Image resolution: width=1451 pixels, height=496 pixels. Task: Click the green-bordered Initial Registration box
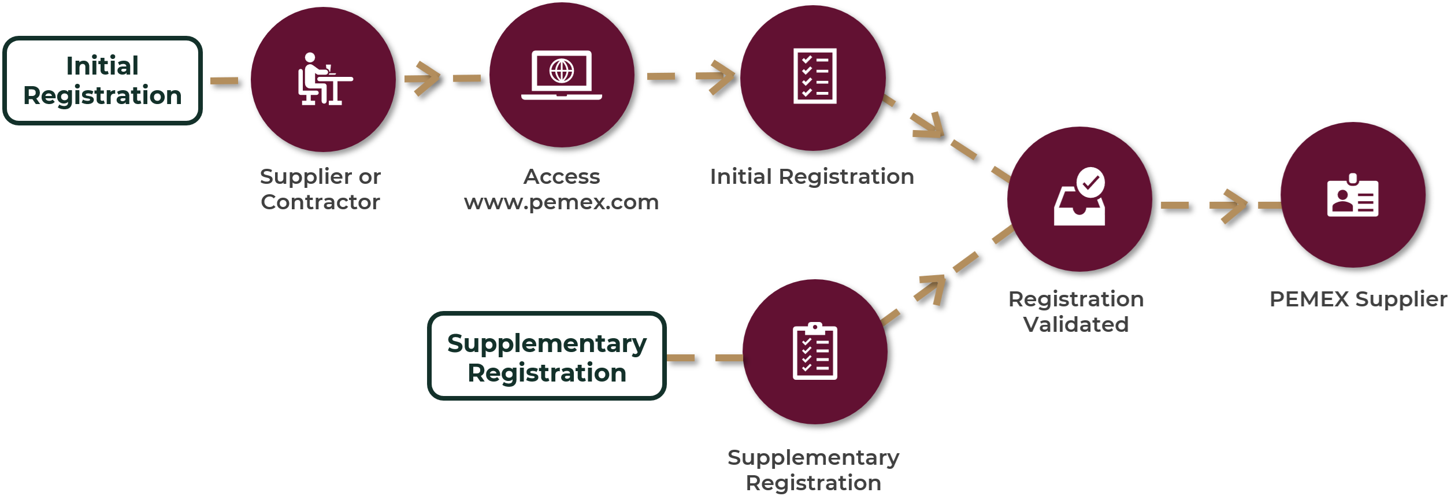tap(102, 80)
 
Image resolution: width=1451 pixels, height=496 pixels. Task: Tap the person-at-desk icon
tap(324, 79)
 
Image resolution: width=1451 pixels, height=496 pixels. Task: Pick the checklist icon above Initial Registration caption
tap(815, 76)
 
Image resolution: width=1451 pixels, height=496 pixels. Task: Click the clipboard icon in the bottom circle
tap(815, 351)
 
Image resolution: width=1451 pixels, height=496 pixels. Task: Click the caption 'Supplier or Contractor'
tap(320, 189)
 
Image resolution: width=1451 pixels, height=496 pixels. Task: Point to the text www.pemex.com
tap(561, 202)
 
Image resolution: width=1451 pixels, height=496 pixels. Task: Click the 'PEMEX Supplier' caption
tap(1358, 299)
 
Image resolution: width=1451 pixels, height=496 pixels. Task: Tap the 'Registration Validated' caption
tap(1076, 312)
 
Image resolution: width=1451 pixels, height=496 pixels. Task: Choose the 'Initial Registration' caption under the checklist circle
tap(812, 176)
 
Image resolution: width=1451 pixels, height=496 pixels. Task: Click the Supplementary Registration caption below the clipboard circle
tap(814, 469)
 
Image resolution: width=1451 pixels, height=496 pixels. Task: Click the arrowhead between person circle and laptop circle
tap(425, 77)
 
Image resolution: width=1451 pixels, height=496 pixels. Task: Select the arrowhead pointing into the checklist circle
tap(718, 76)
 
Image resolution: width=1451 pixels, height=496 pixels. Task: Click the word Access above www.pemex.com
tap(562, 176)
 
